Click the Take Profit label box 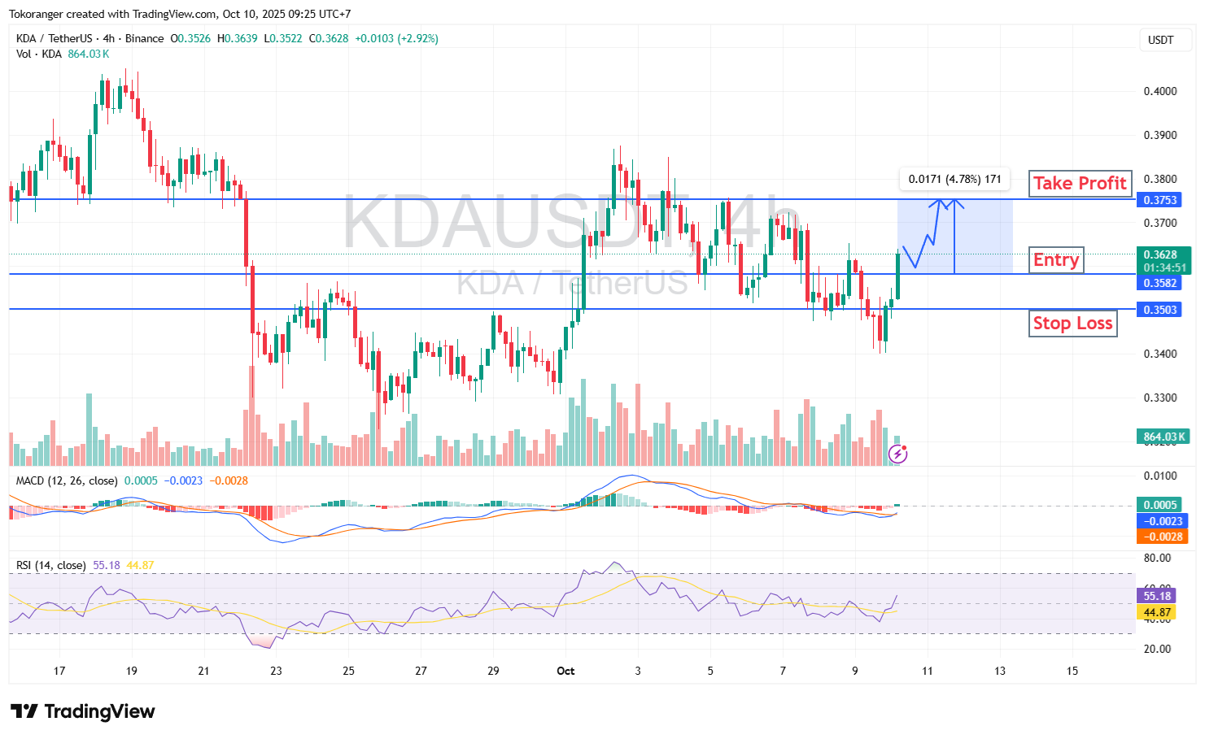[x=1080, y=184]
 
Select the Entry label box [x=1056, y=260]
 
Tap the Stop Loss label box [x=1072, y=324]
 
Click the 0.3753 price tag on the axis [x=1160, y=200]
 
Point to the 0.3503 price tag [x=1160, y=310]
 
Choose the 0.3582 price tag [x=1160, y=283]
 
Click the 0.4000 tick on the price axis [x=1160, y=91]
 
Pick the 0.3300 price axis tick [x=1160, y=398]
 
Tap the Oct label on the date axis [x=565, y=671]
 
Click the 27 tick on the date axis [x=421, y=671]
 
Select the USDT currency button [x=1161, y=40]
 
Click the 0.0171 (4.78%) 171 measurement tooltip [x=954, y=179]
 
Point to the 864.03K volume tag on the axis [x=1164, y=437]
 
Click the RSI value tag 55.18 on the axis [x=1157, y=596]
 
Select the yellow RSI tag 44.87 [x=1157, y=612]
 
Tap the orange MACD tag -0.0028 [x=1161, y=537]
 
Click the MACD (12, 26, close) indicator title [x=67, y=480]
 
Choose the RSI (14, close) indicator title [x=51, y=565]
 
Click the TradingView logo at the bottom [x=83, y=711]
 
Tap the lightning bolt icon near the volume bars [x=897, y=454]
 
